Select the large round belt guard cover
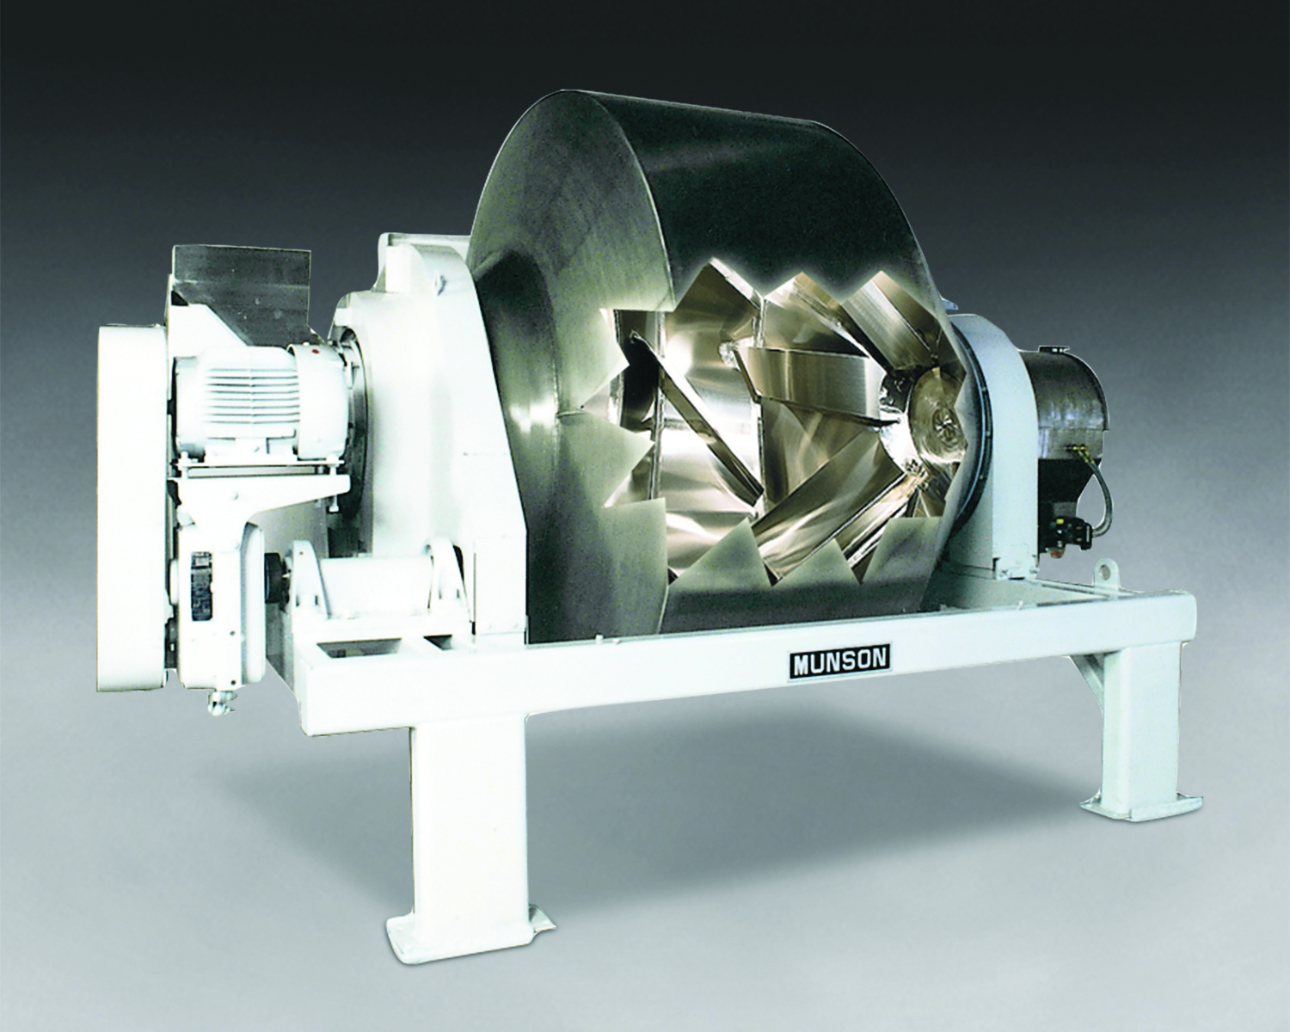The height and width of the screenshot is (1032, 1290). [130, 511]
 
